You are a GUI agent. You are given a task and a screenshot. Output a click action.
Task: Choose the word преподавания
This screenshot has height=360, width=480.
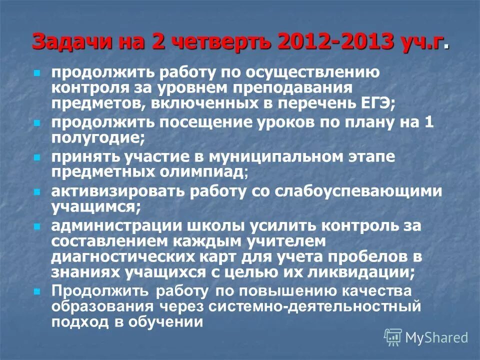click(x=293, y=88)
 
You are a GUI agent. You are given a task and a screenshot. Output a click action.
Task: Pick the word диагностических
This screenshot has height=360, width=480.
click(x=128, y=257)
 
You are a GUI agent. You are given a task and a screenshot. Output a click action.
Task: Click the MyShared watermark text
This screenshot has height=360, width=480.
click(x=436, y=337)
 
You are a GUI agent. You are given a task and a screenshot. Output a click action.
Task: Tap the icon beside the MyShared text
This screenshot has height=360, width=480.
click(x=393, y=337)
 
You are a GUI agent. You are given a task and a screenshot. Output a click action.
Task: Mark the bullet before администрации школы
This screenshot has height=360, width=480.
click(x=36, y=226)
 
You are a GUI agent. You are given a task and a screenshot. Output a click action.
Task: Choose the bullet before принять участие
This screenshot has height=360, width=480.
click(x=36, y=157)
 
